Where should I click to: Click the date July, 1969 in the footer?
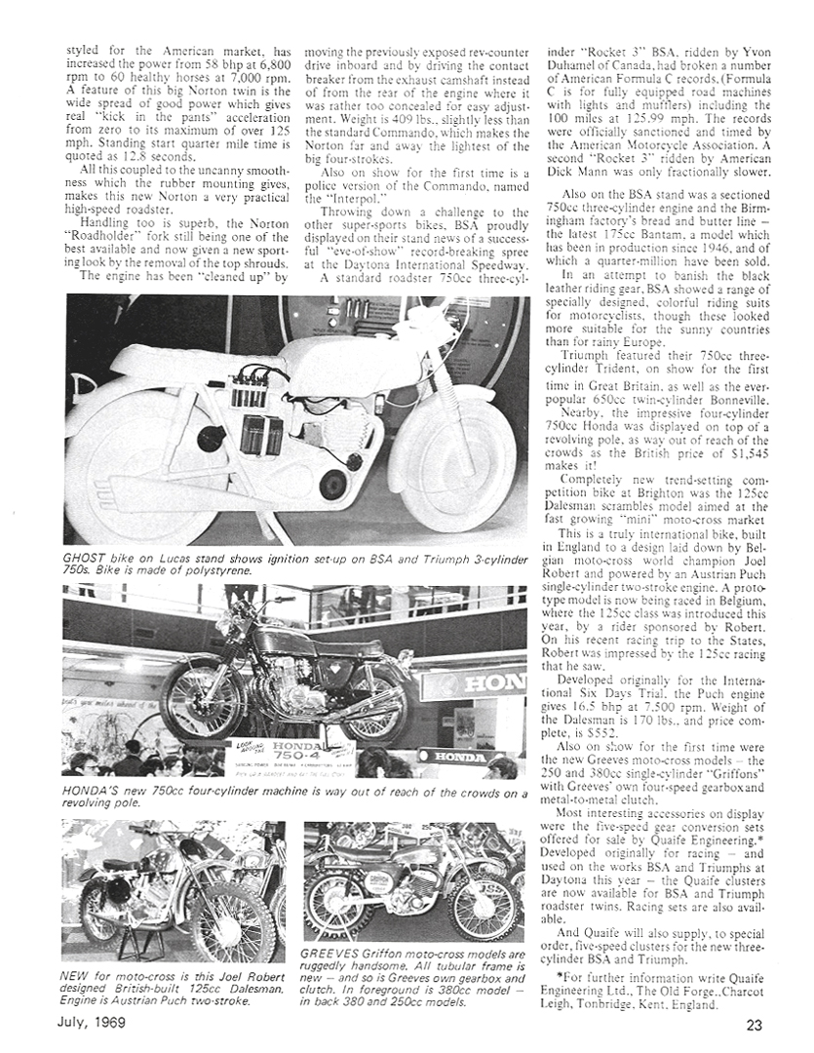click(x=104, y=1024)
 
